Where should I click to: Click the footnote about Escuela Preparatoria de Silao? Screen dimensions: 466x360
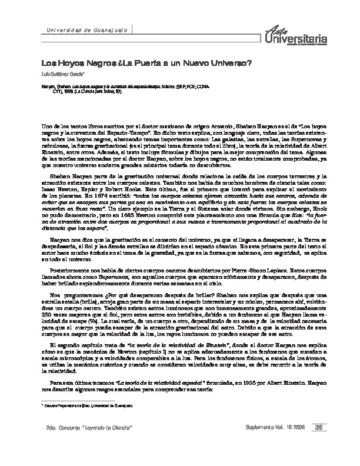point(84,406)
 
